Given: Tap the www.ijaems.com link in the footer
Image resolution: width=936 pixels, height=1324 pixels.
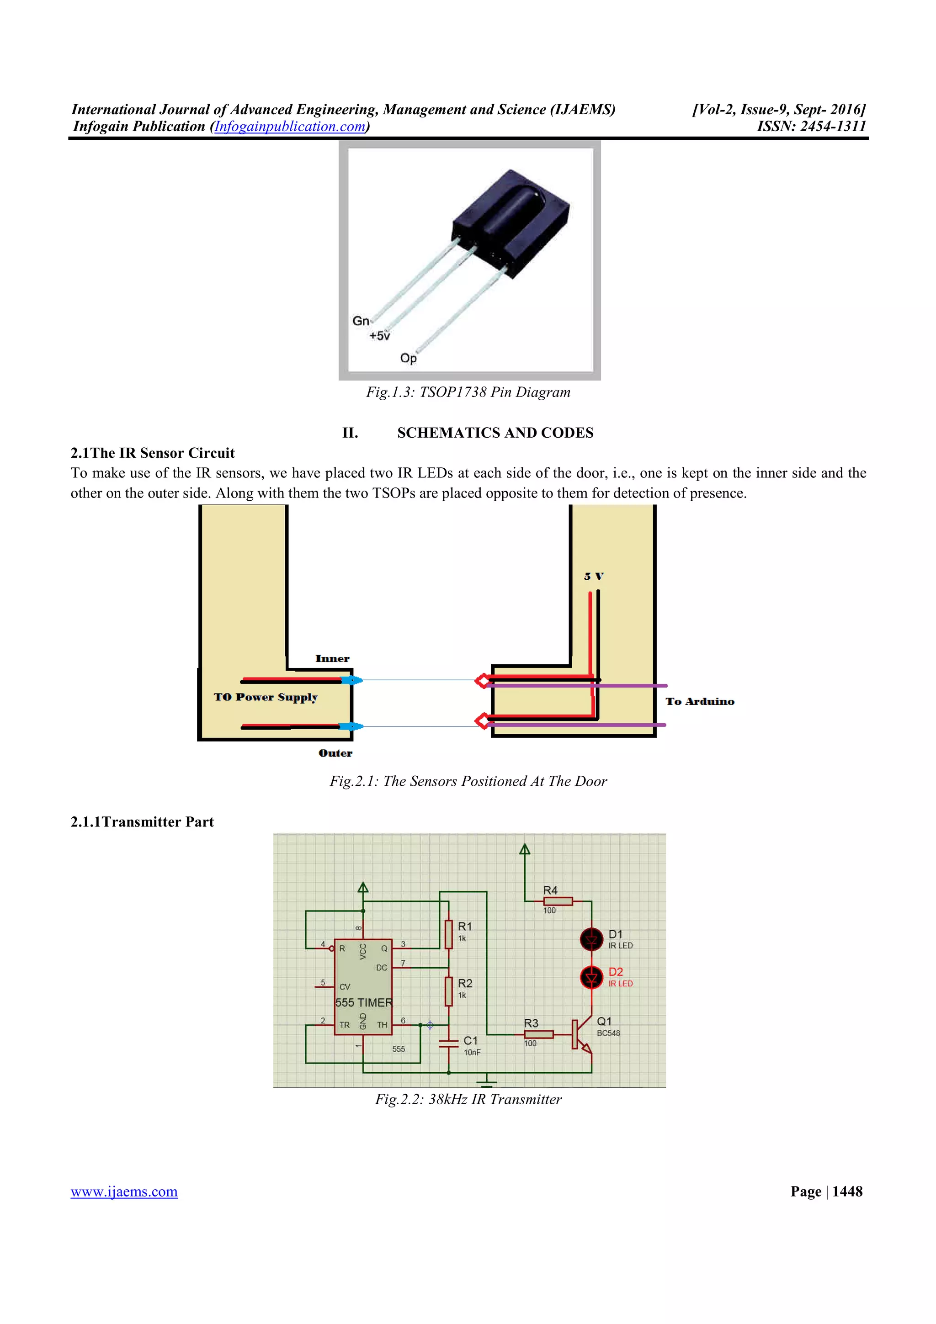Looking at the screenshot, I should (x=124, y=1192).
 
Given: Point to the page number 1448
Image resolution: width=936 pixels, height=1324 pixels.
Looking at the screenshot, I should (x=847, y=1192).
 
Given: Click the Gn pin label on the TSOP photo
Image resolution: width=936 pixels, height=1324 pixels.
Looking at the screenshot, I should (x=361, y=321).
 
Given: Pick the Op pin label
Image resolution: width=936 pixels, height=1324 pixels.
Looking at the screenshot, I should (x=408, y=358).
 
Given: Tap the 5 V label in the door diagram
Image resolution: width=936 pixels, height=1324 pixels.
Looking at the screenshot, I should (x=593, y=576).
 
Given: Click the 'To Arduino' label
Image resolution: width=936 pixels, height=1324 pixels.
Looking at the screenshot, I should (x=700, y=701).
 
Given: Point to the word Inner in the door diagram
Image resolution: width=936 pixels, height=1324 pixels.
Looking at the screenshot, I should (x=332, y=658).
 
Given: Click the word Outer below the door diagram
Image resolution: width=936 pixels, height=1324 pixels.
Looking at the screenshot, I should (x=335, y=753).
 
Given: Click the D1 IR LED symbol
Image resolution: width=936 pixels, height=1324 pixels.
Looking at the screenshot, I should (x=591, y=939).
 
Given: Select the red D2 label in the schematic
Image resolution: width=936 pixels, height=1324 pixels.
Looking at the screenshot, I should (x=615, y=972).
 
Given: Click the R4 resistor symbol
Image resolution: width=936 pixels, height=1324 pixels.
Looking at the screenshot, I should (x=558, y=901).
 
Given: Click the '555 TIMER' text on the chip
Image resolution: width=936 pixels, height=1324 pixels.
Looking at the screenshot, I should (x=364, y=1003).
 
